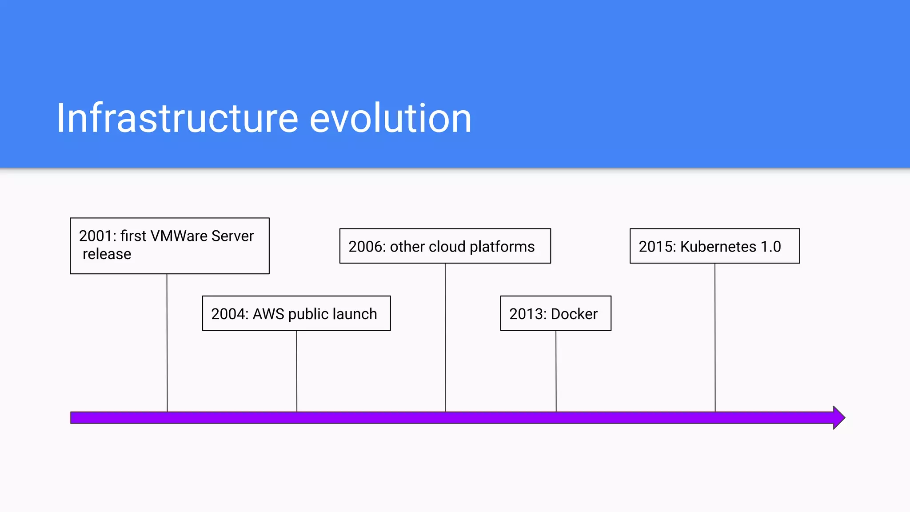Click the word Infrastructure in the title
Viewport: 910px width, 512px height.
pos(177,118)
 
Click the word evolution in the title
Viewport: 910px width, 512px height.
pos(390,118)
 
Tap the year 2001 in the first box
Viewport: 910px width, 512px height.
pos(96,236)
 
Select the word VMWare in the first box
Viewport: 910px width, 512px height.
pos(179,236)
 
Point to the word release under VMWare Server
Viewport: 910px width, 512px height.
pos(107,254)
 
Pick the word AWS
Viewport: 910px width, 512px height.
pos(268,314)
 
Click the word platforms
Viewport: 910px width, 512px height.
pos(502,247)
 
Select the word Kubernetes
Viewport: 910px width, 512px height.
pos(718,247)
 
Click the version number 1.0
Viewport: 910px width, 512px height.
pos(771,247)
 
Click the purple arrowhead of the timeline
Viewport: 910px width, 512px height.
pos(838,418)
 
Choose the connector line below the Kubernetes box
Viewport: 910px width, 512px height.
pos(715,338)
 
